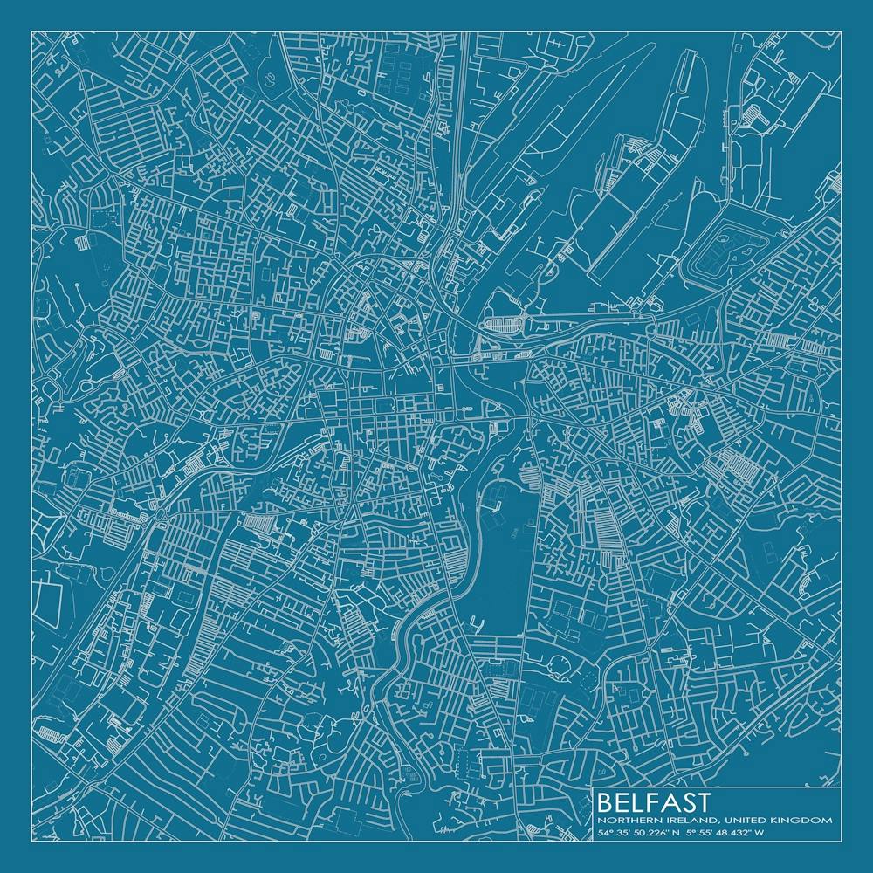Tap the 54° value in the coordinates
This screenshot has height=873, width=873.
pyautogui.click(x=604, y=833)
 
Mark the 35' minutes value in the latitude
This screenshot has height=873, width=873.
pyautogui.click(x=622, y=833)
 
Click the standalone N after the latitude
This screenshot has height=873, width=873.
pyautogui.click(x=677, y=833)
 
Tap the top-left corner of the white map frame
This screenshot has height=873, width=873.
pyautogui.click(x=32, y=32)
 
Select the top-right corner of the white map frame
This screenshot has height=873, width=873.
pyautogui.click(x=841, y=32)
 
